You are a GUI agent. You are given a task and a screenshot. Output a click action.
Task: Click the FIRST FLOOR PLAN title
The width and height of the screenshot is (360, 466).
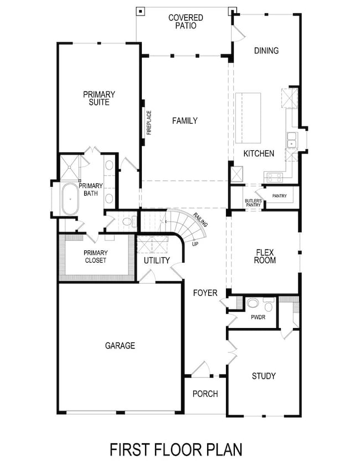pyautogui.click(x=176, y=449)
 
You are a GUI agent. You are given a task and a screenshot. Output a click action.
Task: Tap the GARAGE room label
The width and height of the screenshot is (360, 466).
pyautogui.click(x=120, y=346)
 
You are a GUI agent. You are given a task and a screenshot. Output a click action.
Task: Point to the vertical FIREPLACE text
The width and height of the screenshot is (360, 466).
pyautogui.click(x=150, y=121)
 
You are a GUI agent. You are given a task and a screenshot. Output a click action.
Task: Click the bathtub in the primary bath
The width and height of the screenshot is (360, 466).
pyautogui.click(x=70, y=199)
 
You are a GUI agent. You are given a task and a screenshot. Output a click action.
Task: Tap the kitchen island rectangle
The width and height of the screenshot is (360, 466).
pyautogui.click(x=248, y=118)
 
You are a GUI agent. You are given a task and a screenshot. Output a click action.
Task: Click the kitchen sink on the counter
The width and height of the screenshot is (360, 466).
pyautogui.click(x=291, y=141)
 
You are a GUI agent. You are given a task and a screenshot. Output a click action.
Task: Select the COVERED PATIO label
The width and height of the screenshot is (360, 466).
pyautogui.click(x=186, y=22)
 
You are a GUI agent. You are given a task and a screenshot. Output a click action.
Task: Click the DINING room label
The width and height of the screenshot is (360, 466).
pyautogui.click(x=266, y=51)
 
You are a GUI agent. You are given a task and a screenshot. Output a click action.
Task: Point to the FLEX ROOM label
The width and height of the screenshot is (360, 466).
pyautogui.click(x=265, y=256)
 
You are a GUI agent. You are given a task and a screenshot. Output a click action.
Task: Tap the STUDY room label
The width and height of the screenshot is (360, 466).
pyautogui.click(x=264, y=376)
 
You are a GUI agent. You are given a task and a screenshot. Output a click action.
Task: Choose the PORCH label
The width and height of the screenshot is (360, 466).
pyautogui.click(x=205, y=394)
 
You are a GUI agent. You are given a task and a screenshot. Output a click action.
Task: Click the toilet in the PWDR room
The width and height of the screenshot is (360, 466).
pyautogui.click(x=252, y=303)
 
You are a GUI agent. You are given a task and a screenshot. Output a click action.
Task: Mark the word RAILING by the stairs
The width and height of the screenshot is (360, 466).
pyautogui.click(x=200, y=219)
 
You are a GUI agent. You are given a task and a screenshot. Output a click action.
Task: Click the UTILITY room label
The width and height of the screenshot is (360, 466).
pyautogui.click(x=157, y=260)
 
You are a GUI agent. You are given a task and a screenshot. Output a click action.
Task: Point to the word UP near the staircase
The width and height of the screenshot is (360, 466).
pyautogui.click(x=195, y=243)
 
